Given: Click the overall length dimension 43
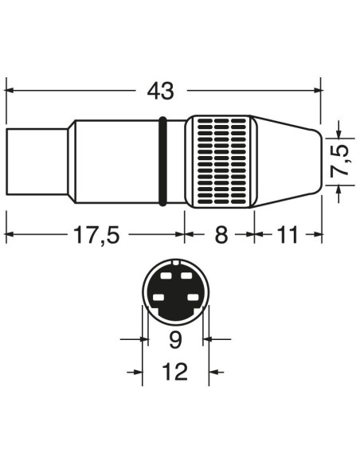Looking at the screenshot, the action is (160, 91).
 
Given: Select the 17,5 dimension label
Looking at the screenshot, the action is (96, 235).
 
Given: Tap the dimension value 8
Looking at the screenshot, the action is (221, 235).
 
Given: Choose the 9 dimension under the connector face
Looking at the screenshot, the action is (175, 339).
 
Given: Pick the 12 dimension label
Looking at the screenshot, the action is (175, 371).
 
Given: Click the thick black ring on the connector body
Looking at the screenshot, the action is (162, 162).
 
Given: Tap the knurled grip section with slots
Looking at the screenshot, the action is (221, 162).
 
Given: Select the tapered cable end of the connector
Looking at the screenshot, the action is (287, 162).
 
